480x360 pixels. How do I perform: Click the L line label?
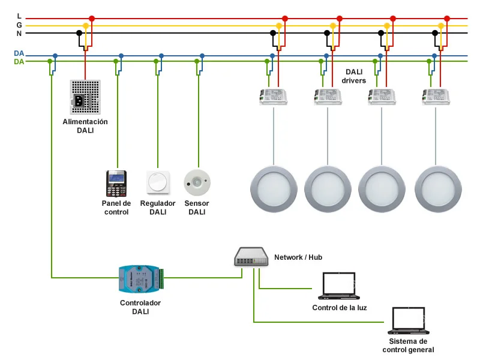[x=19, y=16]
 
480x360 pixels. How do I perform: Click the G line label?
[x=19, y=25]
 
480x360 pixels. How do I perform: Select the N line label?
[x=19, y=34]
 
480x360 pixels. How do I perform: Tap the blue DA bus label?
[x=19, y=53]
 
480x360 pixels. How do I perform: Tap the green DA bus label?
[x=19, y=62]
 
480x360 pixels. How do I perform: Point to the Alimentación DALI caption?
[x=85, y=126]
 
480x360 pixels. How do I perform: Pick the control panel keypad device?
[x=116, y=184]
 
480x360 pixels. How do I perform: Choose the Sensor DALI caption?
[x=197, y=208]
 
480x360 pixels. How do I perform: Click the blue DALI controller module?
[x=140, y=279]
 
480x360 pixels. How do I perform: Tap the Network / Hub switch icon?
[x=251, y=257]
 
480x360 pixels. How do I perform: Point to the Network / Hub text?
[x=298, y=257]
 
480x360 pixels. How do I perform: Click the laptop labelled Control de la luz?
[x=339, y=286]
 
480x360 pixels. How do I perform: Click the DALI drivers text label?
[x=354, y=76]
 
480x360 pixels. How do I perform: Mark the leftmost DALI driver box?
[x=274, y=97]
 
